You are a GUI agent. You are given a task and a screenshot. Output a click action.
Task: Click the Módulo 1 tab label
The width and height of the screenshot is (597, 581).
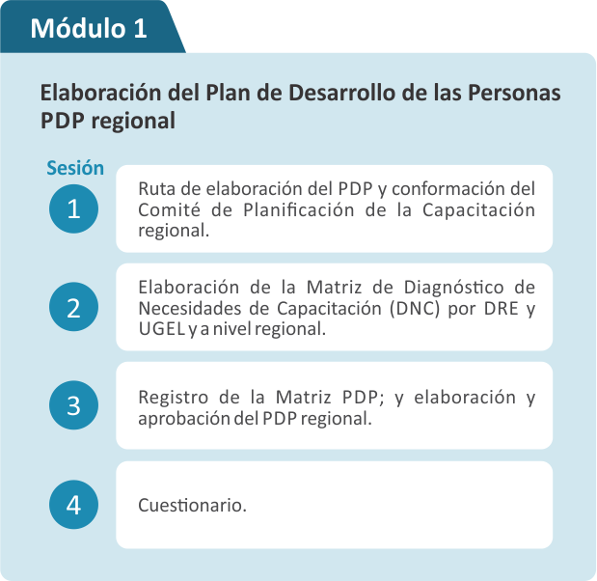pyautogui.click(x=89, y=28)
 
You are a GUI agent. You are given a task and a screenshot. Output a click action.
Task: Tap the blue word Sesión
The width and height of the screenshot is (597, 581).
pyautogui.click(x=75, y=168)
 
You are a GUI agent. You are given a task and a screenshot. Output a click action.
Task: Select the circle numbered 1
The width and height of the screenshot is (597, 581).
pyautogui.click(x=73, y=208)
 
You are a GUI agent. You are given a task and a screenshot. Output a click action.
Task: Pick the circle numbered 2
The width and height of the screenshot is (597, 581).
pyautogui.click(x=73, y=307)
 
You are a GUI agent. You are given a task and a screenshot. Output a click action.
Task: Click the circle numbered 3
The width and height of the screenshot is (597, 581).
pyautogui.click(x=73, y=405)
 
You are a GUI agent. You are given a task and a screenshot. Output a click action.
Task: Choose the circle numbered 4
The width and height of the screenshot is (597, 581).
pyautogui.click(x=73, y=505)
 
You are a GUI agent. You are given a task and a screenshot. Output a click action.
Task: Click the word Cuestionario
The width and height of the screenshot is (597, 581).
pyautogui.click(x=192, y=505)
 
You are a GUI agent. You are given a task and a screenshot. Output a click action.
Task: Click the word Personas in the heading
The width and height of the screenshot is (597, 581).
pyautogui.click(x=514, y=93)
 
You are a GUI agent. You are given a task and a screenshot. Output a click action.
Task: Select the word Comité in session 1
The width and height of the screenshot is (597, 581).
pyautogui.click(x=169, y=209)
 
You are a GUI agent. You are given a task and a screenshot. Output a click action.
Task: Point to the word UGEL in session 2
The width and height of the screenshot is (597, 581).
pyautogui.click(x=162, y=329)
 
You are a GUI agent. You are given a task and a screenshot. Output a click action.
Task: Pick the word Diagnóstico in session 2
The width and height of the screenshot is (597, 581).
pyautogui.click(x=454, y=287)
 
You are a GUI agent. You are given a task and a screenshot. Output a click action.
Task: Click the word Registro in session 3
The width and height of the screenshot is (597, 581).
pyautogui.click(x=174, y=398)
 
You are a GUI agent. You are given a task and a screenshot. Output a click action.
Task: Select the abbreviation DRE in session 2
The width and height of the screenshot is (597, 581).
pyautogui.click(x=502, y=308)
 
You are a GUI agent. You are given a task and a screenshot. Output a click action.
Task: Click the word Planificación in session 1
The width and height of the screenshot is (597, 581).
pyautogui.click(x=299, y=209)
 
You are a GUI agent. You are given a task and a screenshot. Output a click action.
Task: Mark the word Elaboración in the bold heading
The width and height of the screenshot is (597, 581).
pyautogui.click(x=101, y=93)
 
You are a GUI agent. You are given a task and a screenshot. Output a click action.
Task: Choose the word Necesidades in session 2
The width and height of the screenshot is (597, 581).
pyautogui.click(x=190, y=308)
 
